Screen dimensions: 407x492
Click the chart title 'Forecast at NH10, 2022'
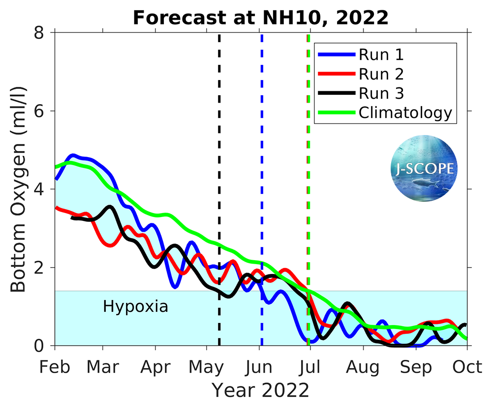tap(261, 18)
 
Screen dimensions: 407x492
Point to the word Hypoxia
tap(135, 307)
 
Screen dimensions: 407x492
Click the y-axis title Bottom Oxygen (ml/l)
tap(18, 189)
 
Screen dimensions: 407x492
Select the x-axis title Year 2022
tap(260, 390)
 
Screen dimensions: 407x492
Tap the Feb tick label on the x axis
tap(55, 367)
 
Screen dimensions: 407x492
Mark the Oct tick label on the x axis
tap(467, 367)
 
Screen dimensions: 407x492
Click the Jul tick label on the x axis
tap(311, 367)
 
